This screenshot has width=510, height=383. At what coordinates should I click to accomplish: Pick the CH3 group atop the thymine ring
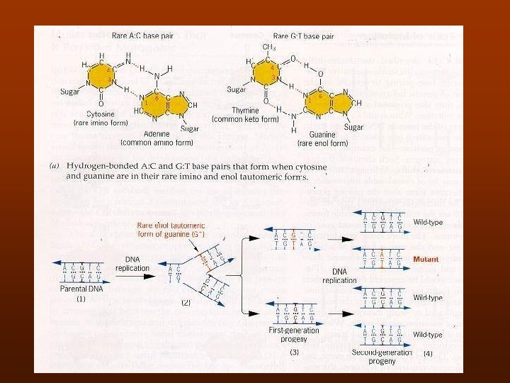pos(268,47)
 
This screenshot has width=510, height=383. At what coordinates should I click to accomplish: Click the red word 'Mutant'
pos(427,260)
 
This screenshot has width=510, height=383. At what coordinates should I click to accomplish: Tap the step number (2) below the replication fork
pos(186,302)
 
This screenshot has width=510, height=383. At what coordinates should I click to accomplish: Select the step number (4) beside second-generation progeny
pos(428,353)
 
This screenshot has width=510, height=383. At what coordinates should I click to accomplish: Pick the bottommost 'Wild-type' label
pos(427,334)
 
